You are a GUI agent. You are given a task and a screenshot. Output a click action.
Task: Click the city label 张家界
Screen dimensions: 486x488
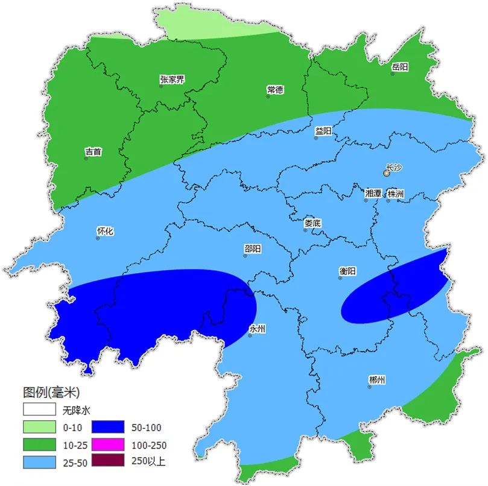tap(172, 80)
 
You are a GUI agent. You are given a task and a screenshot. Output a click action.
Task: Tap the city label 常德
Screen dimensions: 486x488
tap(275, 90)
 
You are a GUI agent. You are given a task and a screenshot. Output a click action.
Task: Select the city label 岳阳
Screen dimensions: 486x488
tap(400, 67)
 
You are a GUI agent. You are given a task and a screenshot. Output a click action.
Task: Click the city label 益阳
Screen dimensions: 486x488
tap(323, 131)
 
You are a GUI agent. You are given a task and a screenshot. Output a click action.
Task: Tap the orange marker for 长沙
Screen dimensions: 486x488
tap(386, 174)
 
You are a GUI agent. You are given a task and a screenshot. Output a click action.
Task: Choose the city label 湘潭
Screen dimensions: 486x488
tap(373, 194)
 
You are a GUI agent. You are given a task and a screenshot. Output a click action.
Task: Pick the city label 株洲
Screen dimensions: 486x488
tap(396, 194)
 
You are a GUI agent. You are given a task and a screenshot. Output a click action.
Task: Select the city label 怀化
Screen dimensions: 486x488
tap(105, 231)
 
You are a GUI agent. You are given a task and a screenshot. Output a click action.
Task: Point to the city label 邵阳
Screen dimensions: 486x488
tap(253, 248)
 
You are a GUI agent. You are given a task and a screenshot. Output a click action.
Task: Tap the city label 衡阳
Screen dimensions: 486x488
tap(348, 271)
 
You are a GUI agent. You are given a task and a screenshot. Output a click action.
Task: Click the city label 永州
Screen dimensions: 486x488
tap(257, 329)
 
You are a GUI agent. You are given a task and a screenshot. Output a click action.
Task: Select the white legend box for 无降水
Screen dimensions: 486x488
tap(40, 410)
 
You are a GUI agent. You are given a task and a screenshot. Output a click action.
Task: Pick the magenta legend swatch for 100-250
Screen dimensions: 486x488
tap(108, 446)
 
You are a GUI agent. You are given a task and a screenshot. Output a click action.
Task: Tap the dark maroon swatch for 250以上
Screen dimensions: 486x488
tap(108, 461)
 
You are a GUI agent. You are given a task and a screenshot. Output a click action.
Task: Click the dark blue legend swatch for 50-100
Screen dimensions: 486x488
tap(108, 428)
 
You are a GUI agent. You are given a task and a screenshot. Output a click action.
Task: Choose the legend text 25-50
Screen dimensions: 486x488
tap(75, 462)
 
